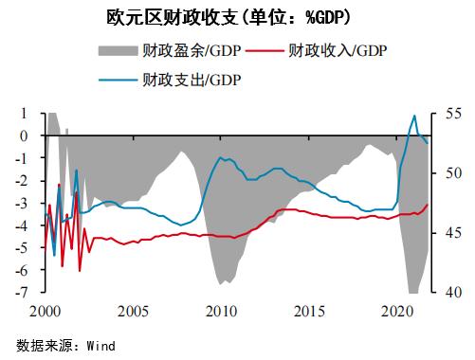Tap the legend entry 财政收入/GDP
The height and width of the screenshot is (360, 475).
pyautogui.click(x=338, y=49)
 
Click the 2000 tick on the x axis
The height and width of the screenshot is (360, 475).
pyautogui.click(x=44, y=311)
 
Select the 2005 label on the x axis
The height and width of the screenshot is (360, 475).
pyautogui.click(x=132, y=311)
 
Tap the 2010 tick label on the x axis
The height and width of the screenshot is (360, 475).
pyautogui.click(x=221, y=311)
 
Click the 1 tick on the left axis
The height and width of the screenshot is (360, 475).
pyautogui.click(x=24, y=114)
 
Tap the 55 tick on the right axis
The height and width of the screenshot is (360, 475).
pyautogui.click(x=450, y=114)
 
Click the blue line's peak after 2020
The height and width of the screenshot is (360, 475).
pyautogui.click(x=414, y=116)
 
